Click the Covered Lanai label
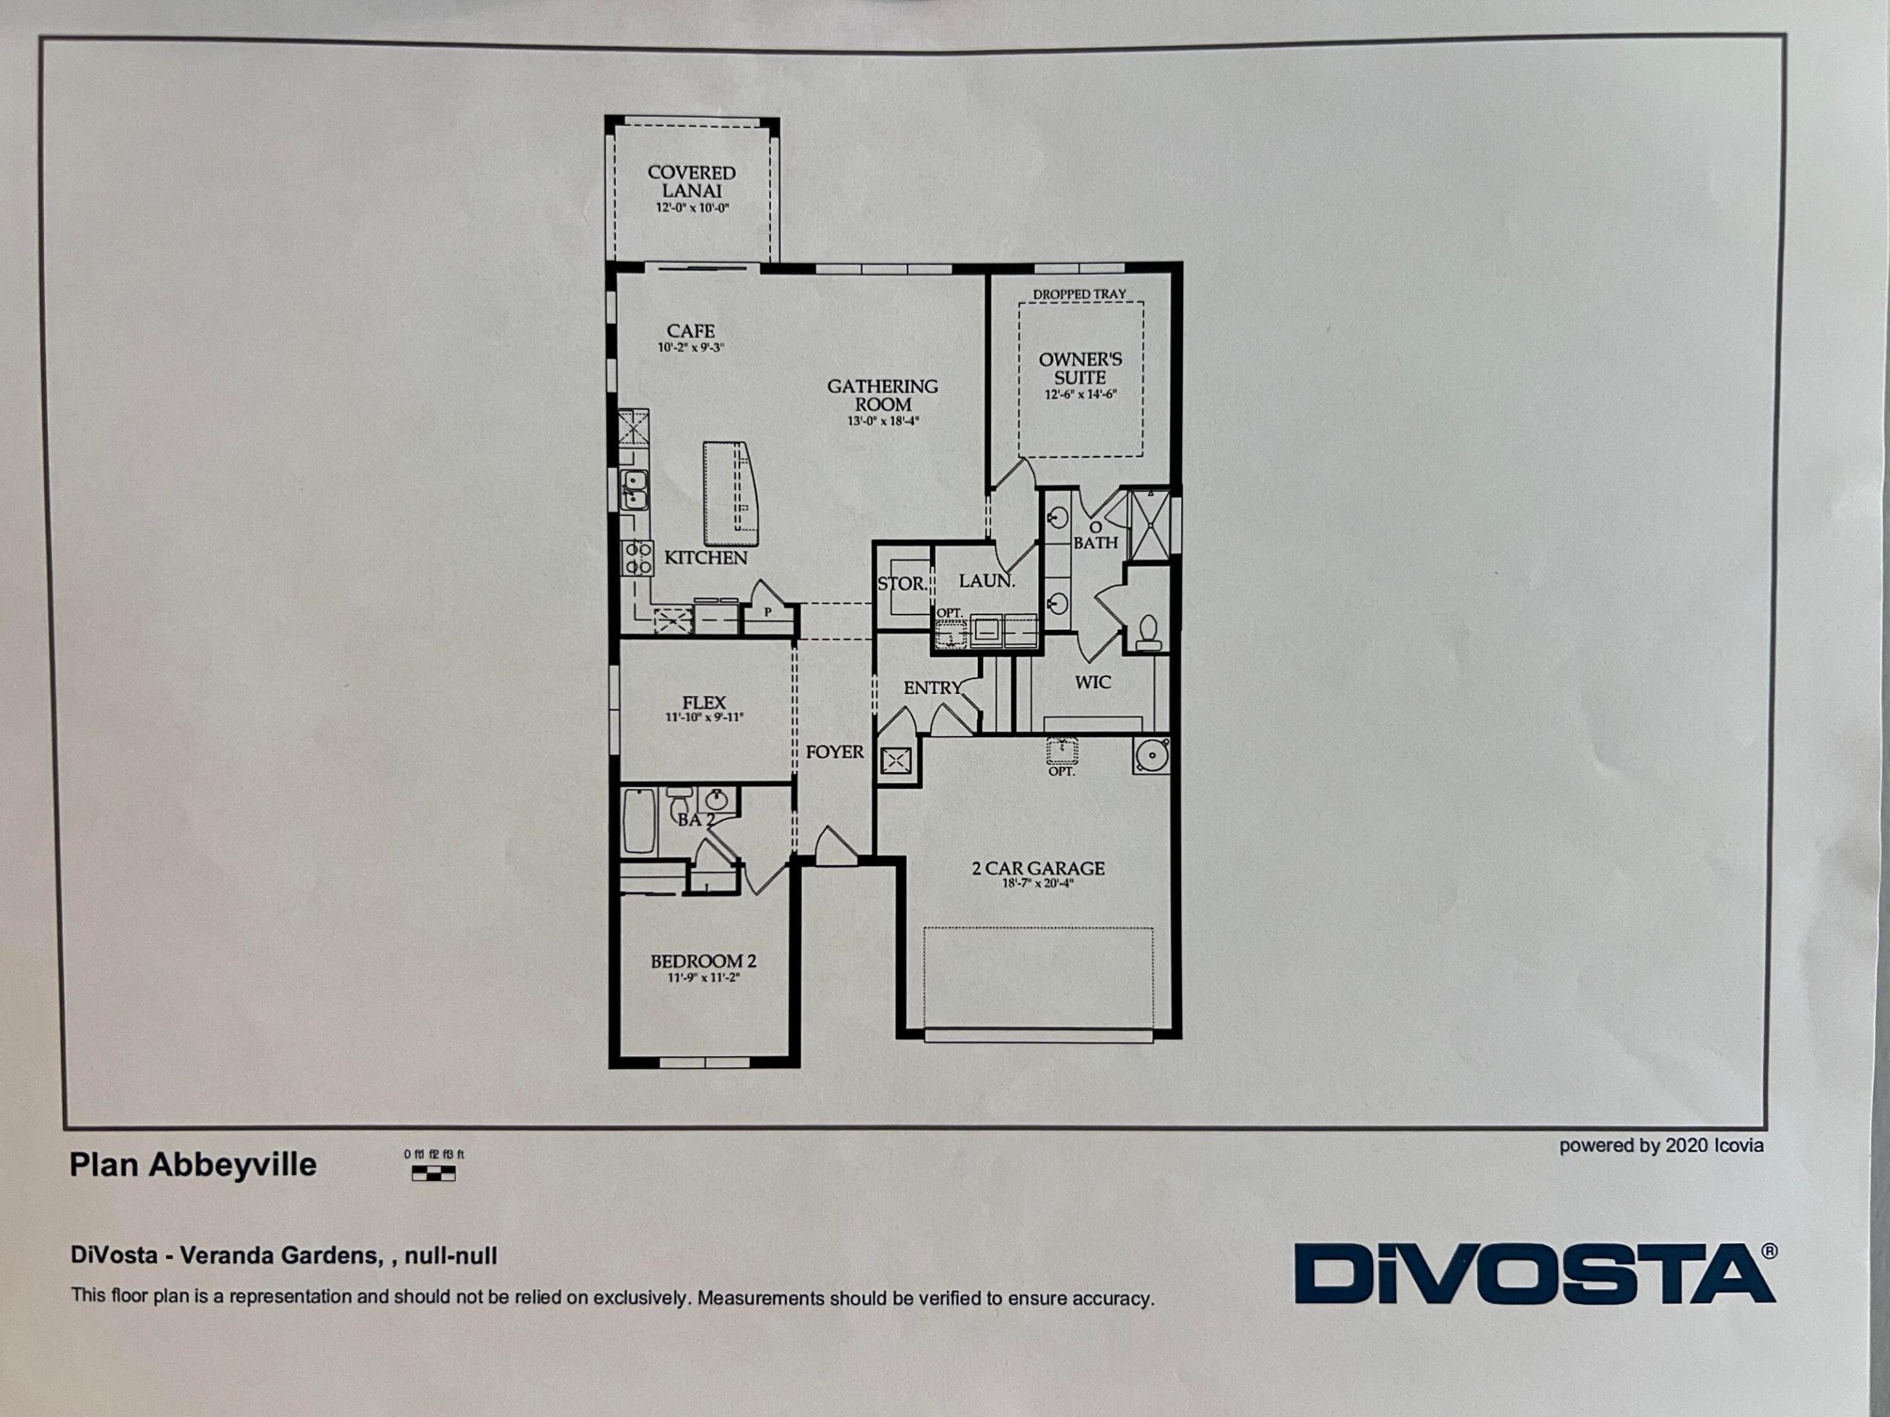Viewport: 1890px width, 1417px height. (x=691, y=181)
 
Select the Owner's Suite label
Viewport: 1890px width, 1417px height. (x=1080, y=368)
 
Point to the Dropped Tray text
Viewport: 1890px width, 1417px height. (x=1079, y=294)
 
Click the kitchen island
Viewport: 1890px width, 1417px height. (x=730, y=494)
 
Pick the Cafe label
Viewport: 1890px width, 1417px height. (x=690, y=331)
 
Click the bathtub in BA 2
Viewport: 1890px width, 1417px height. (x=639, y=821)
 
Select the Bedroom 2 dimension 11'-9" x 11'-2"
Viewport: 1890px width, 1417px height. (x=703, y=977)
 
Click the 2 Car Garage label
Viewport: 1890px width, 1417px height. (x=1038, y=868)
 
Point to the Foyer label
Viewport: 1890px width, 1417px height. (x=835, y=752)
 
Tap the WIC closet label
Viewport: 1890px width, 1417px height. (x=1093, y=682)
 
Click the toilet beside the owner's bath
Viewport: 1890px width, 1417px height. (x=1149, y=631)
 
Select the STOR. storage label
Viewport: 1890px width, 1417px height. (x=900, y=583)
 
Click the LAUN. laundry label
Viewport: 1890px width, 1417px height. (x=987, y=581)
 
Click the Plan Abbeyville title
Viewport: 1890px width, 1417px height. (x=193, y=1165)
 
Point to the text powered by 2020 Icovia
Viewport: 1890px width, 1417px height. (x=1661, y=1145)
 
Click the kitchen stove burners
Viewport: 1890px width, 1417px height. (x=637, y=557)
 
